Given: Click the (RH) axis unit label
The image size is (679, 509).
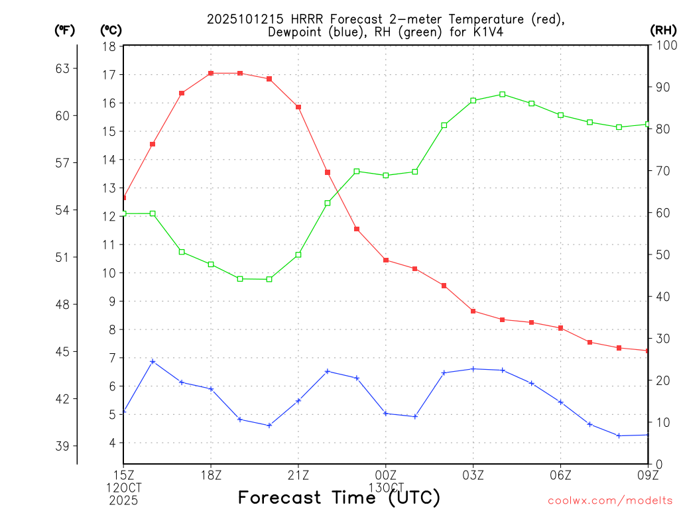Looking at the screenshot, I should (x=662, y=30).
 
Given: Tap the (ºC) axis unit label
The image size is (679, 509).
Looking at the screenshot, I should (x=111, y=30).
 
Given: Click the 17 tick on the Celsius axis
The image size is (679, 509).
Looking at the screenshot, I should (x=109, y=75).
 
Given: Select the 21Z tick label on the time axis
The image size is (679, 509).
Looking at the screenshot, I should (x=298, y=475).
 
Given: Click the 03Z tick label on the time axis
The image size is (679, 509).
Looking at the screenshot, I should (x=473, y=475).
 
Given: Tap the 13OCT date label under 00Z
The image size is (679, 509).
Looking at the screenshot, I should (x=386, y=488).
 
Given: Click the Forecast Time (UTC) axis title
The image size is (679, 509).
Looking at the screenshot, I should (x=339, y=497).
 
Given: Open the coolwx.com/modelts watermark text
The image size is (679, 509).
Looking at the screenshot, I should (x=610, y=500).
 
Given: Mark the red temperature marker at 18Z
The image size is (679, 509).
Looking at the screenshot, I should (x=211, y=73).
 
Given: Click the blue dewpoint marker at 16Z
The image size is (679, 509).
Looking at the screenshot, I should (x=153, y=361).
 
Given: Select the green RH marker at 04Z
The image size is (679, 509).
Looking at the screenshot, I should (x=503, y=94).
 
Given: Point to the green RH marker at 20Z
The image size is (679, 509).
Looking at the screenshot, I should (x=269, y=279).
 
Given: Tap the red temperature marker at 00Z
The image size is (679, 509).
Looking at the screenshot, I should (x=386, y=260).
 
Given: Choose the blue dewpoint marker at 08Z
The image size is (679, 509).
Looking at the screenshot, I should (x=619, y=435).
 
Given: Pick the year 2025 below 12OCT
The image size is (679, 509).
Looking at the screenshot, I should (x=123, y=500).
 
